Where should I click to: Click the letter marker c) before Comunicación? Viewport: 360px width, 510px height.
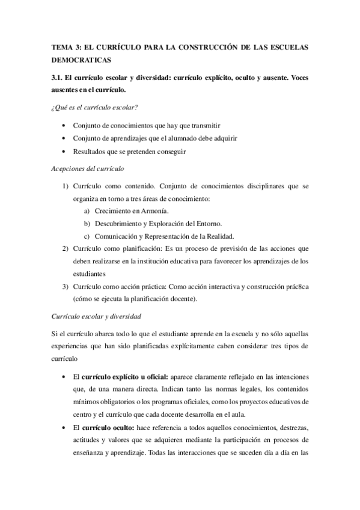87,236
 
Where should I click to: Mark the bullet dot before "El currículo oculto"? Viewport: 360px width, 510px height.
64,426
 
